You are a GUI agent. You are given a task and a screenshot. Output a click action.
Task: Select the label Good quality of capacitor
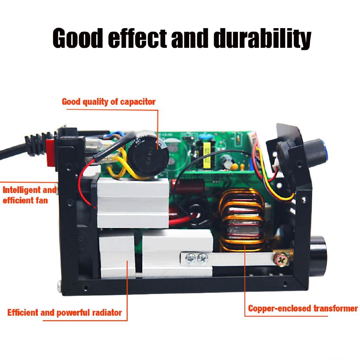109,102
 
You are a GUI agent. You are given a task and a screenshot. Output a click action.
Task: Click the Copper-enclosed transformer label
303,309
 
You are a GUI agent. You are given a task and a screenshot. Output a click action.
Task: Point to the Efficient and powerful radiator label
65,312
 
